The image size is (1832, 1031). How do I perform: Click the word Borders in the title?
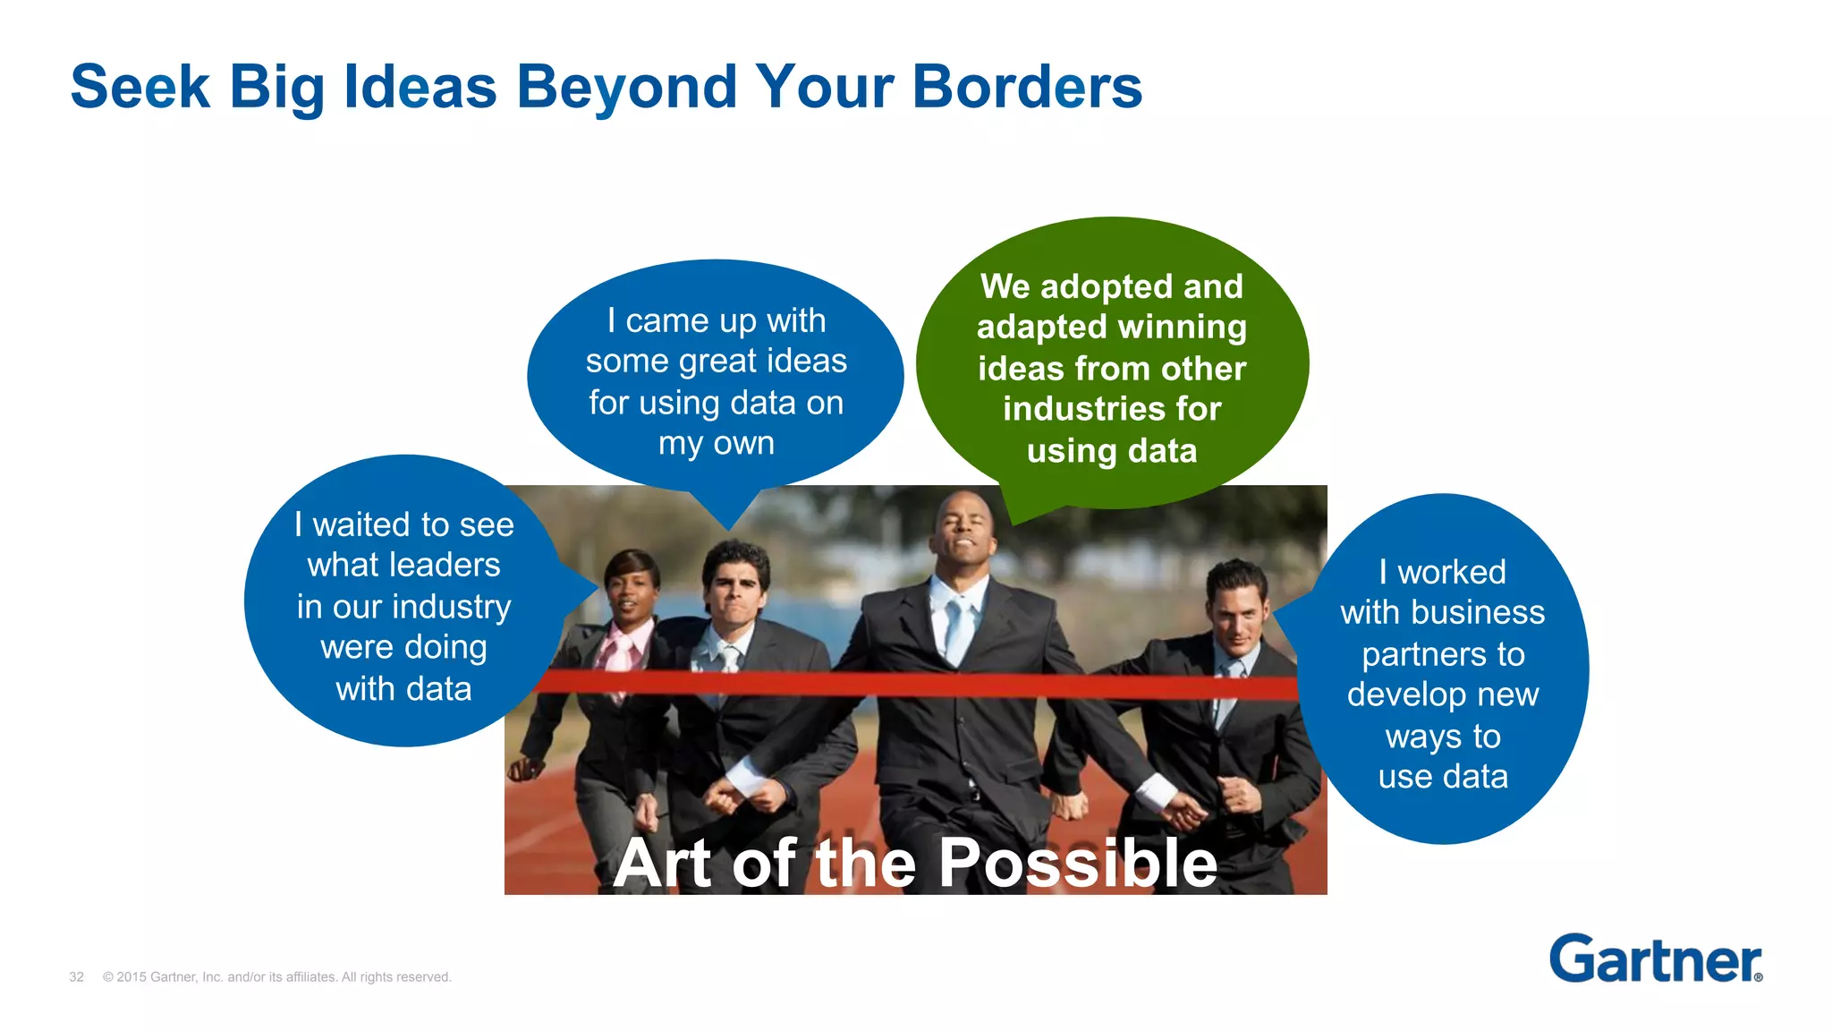click(1026, 87)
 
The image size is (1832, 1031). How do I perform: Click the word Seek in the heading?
click(140, 87)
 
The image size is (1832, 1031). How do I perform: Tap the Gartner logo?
click(1655, 959)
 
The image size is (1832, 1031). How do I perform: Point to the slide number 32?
click(76, 977)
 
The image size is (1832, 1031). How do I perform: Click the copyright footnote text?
click(277, 977)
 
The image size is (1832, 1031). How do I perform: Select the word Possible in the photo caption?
click(1077, 864)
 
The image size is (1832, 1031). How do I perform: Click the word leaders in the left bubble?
click(447, 566)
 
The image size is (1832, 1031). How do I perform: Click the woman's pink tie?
click(619, 651)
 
